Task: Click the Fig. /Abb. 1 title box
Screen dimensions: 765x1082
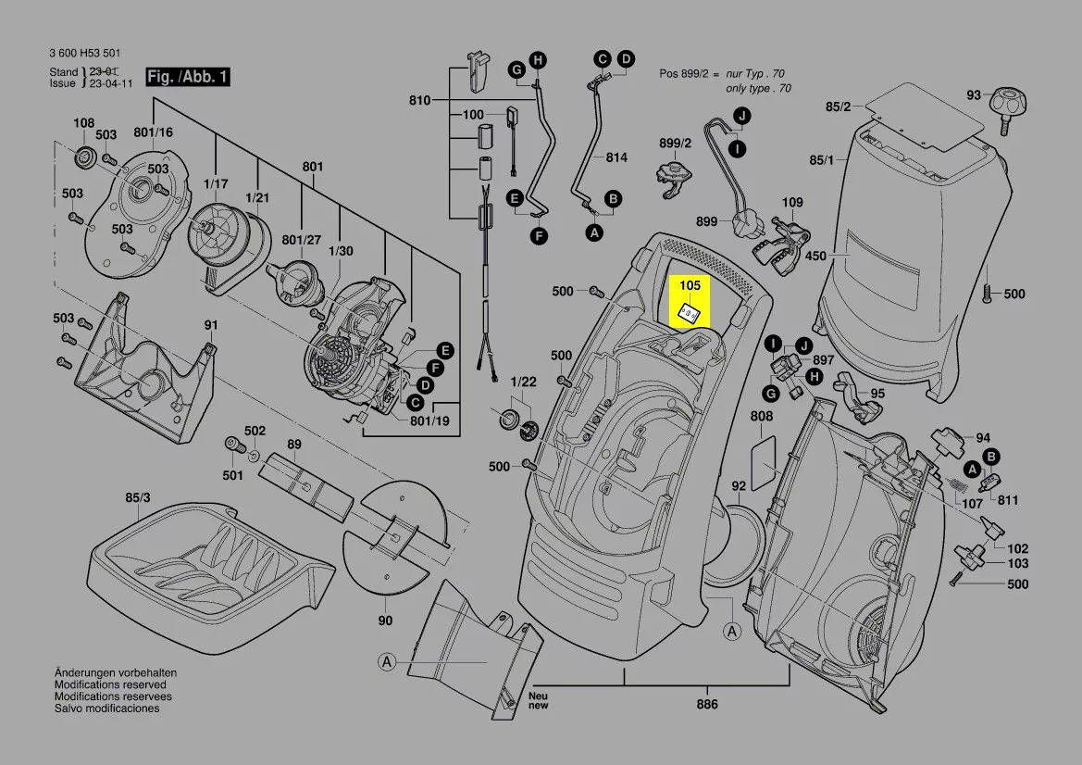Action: (188, 77)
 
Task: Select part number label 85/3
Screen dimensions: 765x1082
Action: (137, 498)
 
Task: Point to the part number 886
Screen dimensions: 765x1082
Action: (708, 704)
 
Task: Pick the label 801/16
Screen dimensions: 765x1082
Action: (153, 132)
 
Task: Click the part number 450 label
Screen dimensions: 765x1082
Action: (815, 257)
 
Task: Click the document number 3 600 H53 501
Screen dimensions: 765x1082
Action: (83, 54)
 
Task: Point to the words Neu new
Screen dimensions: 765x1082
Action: (538, 700)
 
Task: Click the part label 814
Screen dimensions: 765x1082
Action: (616, 158)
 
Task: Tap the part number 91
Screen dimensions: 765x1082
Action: (211, 325)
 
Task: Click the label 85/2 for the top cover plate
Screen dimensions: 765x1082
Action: (838, 107)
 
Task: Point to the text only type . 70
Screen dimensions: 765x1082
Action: (758, 88)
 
